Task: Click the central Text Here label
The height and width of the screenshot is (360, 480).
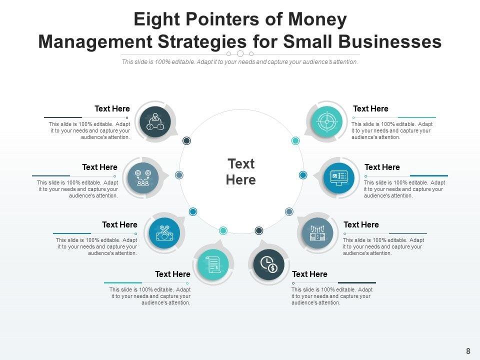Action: [x=241, y=171]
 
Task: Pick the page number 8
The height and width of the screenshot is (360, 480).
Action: [x=468, y=351]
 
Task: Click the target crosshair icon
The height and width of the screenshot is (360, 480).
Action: [x=326, y=121]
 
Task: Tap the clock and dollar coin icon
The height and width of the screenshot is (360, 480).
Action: [x=269, y=264]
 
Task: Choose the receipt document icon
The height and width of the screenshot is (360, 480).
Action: [x=213, y=264]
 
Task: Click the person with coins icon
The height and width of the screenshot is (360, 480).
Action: [x=155, y=121]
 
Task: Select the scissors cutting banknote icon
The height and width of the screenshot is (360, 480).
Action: [x=164, y=233]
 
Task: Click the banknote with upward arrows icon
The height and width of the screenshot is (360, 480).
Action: [x=317, y=233]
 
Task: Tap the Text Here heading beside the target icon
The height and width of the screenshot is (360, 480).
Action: [x=370, y=108]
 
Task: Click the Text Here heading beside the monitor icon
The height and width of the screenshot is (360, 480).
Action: [x=382, y=167]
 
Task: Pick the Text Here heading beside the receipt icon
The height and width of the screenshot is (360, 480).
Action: [x=172, y=274]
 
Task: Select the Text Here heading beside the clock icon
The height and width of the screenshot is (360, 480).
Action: [x=309, y=274]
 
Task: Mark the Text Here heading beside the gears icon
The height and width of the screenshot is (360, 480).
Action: [x=99, y=167]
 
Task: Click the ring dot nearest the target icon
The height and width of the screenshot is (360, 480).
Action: [x=295, y=141]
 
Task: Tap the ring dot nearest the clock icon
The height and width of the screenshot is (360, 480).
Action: [x=259, y=230]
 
